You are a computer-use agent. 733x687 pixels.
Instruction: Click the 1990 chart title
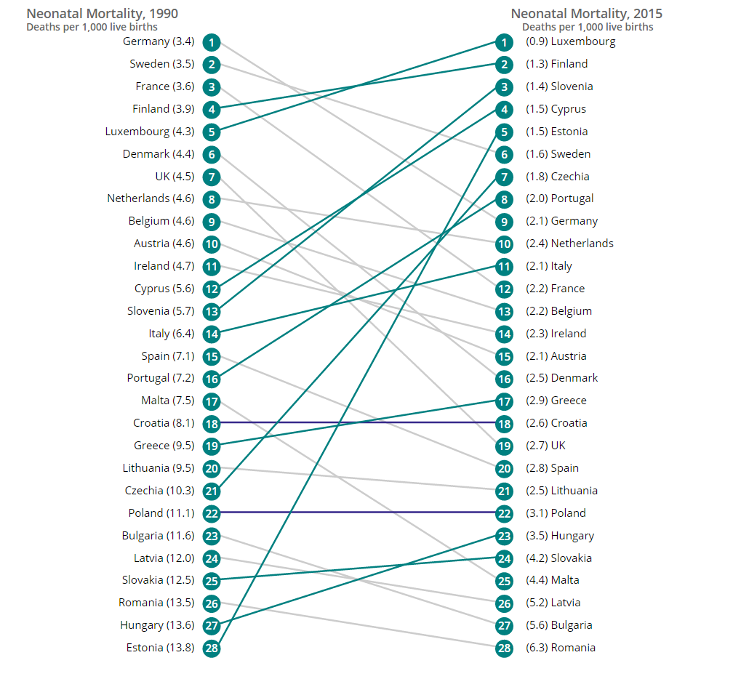coord(102,13)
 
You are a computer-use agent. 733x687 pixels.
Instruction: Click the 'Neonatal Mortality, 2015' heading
coord(586,13)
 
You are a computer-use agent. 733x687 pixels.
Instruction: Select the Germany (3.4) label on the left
coord(159,41)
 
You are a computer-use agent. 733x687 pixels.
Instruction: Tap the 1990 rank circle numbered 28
coord(212,648)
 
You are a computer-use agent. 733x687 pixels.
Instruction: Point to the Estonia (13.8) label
coord(160,647)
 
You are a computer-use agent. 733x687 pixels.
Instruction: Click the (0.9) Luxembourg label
coord(570,41)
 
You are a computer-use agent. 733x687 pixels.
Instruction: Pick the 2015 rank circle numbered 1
coord(504,41)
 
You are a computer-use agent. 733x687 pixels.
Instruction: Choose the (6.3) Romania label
coord(560,647)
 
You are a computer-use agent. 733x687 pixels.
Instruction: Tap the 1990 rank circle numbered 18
coord(212,423)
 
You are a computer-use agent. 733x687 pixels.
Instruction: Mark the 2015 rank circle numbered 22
coord(504,513)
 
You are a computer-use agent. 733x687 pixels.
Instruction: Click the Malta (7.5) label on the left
coord(167,401)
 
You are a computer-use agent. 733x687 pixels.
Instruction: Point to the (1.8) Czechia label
coord(557,176)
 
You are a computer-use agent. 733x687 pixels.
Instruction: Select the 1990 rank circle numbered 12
coord(212,289)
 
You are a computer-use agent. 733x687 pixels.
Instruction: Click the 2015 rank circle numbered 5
coord(504,132)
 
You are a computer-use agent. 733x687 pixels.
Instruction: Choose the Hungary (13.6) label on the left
coord(157,624)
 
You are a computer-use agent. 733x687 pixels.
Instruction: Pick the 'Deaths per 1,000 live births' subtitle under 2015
coord(588,27)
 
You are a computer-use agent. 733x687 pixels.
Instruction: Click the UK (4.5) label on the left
coord(175,176)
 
